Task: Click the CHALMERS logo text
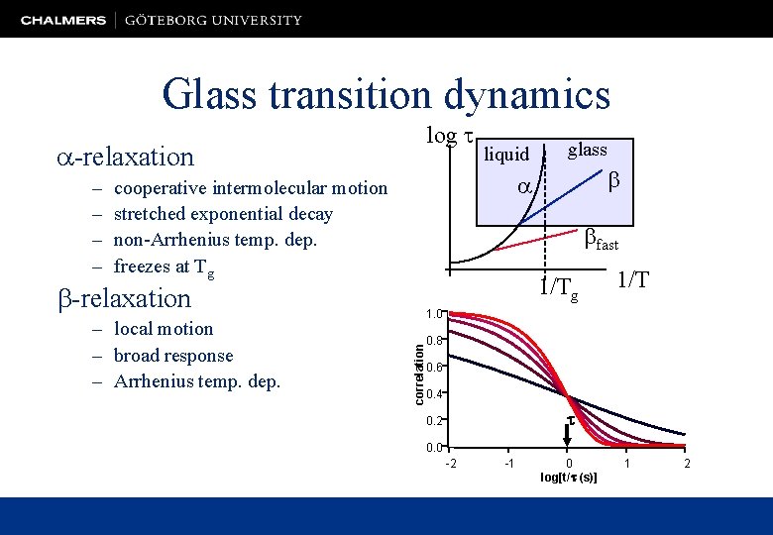pyautogui.click(x=63, y=20)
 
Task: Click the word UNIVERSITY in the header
pyautogui.click(x=256, y=20)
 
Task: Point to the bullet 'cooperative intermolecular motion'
pyautogui.click(x=251, y=188)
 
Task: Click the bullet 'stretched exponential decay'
pyautogui.click(x=223, y=214)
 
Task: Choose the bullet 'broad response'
pyautogui.click(x=173, y=356)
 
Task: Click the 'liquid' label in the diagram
pyautogui.click(x=506, y=155)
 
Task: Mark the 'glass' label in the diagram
pyautogui.click(x=587, y=150)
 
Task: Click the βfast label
pyautogui.click(x=601, y=238)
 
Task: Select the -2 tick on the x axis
pyautogui.click(x=451, y=464)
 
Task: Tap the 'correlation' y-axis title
pyautogui.click(x=419, y=368)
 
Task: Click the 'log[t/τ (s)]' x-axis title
pyautogui.click(x=568, y=478)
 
